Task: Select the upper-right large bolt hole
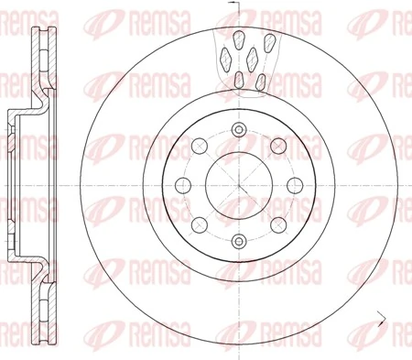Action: tap(276, 144)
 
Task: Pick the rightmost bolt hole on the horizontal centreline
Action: tap(293, 184)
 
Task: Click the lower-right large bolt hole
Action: tap(276, 224)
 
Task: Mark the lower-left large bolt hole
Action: tap(198, 224)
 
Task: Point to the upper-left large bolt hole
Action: tap(198, 144)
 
